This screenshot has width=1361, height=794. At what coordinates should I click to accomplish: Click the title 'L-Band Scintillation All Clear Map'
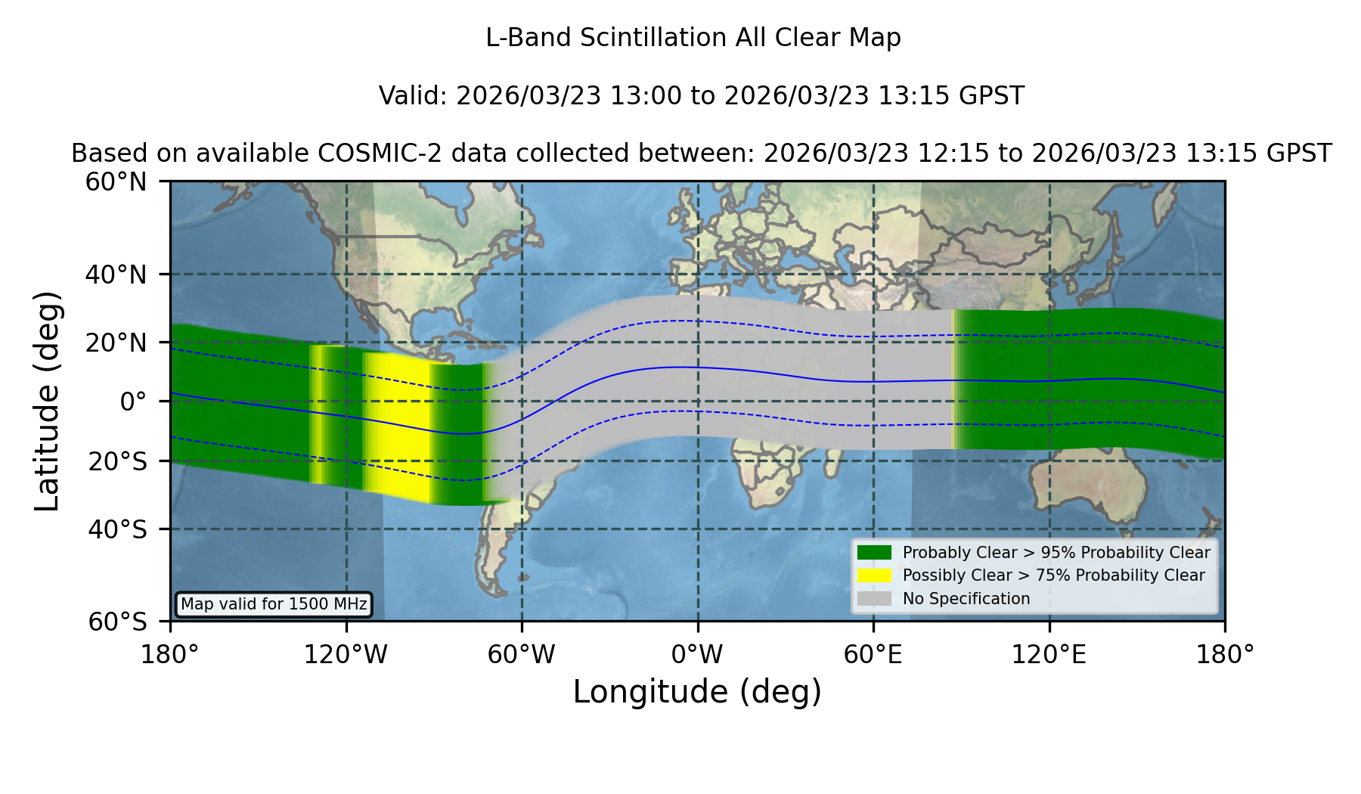693,37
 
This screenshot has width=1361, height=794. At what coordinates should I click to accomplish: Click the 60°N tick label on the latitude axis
116,181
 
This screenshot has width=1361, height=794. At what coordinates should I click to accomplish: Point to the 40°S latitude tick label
117,529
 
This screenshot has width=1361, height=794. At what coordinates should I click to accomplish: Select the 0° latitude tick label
133,402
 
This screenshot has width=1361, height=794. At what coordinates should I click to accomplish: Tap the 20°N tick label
116,343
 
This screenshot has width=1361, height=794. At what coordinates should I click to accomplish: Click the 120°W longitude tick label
346,654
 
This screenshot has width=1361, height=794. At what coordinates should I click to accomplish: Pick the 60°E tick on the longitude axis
873,654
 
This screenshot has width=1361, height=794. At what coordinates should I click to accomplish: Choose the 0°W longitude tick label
697,654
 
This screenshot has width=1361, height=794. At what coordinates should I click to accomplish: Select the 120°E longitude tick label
1049,654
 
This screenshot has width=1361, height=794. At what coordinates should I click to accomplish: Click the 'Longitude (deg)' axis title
697,692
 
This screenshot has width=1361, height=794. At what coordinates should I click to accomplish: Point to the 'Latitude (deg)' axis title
48,401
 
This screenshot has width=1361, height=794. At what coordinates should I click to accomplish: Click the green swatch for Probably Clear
875,553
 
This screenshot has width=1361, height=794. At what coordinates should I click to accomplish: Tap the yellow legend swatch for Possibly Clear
875,575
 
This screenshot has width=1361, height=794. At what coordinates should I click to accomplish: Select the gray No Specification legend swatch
875,599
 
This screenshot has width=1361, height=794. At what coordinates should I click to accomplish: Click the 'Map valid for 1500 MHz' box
274,604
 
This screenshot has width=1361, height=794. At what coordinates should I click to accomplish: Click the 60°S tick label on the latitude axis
117,622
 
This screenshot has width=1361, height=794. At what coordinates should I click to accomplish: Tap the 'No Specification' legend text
966,599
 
